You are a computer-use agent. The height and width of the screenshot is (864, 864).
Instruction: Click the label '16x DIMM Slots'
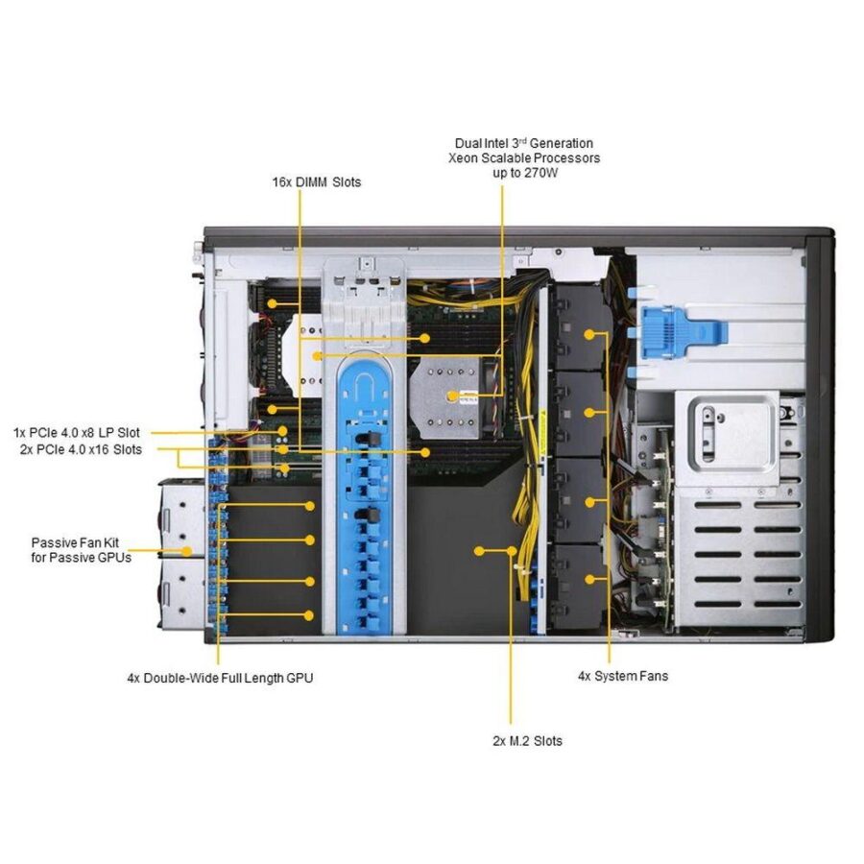pos(316,180)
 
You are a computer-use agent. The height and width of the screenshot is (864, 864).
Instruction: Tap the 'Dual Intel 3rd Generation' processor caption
pos(523,143)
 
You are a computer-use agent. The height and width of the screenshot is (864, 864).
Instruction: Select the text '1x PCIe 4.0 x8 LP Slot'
pos(76,432)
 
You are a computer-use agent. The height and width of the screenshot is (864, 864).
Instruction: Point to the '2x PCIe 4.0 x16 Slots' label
pos(81,448)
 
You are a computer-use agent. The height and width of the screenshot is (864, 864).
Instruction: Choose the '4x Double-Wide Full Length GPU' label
pos(220,678)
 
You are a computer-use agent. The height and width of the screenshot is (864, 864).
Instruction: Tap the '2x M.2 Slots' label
pos(527,740)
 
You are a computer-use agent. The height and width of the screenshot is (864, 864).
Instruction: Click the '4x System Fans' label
pos(622,676)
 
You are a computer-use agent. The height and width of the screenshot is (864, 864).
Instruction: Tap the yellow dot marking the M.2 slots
pos(478,550)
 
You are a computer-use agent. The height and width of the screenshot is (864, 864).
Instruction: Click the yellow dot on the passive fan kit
pos(187,551)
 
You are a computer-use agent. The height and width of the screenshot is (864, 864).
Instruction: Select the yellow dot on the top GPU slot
pos(309,505)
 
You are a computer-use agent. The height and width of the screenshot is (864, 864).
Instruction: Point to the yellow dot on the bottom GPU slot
pos(309,613)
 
